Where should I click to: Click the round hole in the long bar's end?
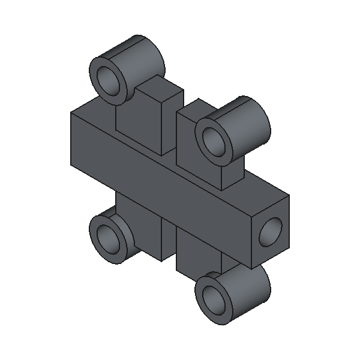point(272,231)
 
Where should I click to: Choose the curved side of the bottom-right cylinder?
point(252,288)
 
